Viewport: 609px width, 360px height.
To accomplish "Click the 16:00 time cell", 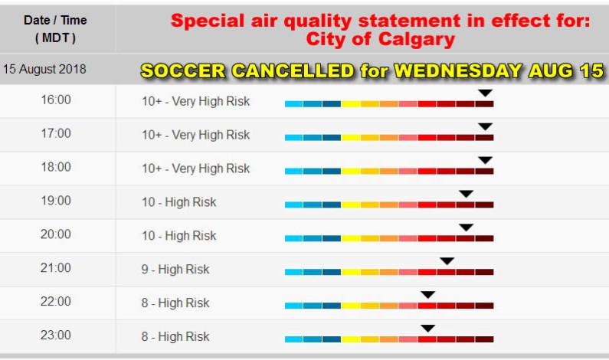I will point(56,100).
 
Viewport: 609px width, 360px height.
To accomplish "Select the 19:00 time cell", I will point(56,201).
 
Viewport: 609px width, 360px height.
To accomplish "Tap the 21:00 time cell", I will point(56,269).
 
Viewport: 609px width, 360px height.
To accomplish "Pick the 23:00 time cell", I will point(56,335).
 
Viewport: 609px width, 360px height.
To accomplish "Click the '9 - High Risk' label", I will point(175,270).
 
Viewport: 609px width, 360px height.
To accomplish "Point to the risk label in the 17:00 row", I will point(195,135).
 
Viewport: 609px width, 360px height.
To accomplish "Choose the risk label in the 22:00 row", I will point(175,303).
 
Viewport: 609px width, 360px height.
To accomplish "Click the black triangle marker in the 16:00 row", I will point(485,93).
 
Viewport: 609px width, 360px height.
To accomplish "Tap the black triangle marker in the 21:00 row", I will point(447,261).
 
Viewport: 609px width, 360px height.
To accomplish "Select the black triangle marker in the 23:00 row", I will point(428,329).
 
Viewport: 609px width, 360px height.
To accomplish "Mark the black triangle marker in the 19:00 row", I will point(466,195).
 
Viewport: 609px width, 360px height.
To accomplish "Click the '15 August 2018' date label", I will point(44,69).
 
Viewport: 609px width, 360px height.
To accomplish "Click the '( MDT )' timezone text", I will point(56,37).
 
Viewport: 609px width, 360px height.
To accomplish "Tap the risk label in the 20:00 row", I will point(178,236).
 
